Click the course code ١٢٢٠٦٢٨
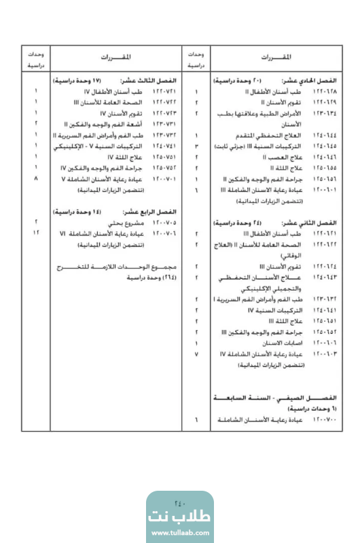tap(325, 90)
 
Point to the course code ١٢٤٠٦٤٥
tap(325, 145)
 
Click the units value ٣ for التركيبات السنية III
tap(196, 145)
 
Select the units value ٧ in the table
tap(196, 354)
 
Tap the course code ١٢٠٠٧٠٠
tap(325, 421)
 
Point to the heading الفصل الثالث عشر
tap(162, 79)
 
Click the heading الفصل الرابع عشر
tap(162, 212)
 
